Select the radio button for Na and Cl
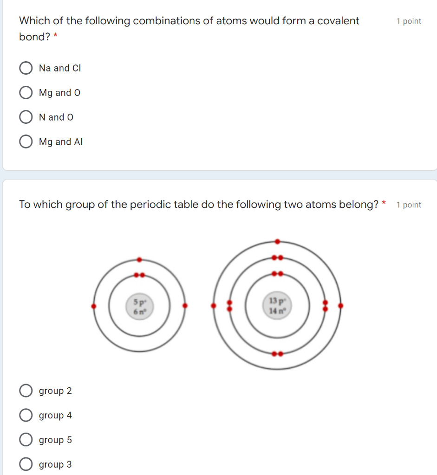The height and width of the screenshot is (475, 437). pos(26,68)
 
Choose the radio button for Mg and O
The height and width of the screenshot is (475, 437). pos(26,93)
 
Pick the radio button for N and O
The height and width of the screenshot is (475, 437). pos(26,117)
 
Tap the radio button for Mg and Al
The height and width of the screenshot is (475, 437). pos(26,142)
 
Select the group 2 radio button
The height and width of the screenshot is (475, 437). pos(26,391)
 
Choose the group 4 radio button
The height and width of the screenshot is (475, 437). pos(26,416)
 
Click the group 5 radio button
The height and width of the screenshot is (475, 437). pos(26,440)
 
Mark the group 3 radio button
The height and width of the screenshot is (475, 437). pos(26,464)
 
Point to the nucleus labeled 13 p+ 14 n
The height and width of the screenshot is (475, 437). pos(277,306)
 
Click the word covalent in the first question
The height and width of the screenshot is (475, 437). pos(338,21)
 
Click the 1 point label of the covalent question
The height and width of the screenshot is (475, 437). pos(409,21)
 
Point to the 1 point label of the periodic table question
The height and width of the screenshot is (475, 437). pos(409,205)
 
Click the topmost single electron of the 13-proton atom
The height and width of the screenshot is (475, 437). pos(277,241)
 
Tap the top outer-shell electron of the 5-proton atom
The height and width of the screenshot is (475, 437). pos(139,260)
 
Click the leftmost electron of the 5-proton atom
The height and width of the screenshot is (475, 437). pos(94,306)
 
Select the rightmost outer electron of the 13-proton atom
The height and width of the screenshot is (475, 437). pos(340,306)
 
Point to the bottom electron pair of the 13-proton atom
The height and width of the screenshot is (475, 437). pos(277,354)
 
